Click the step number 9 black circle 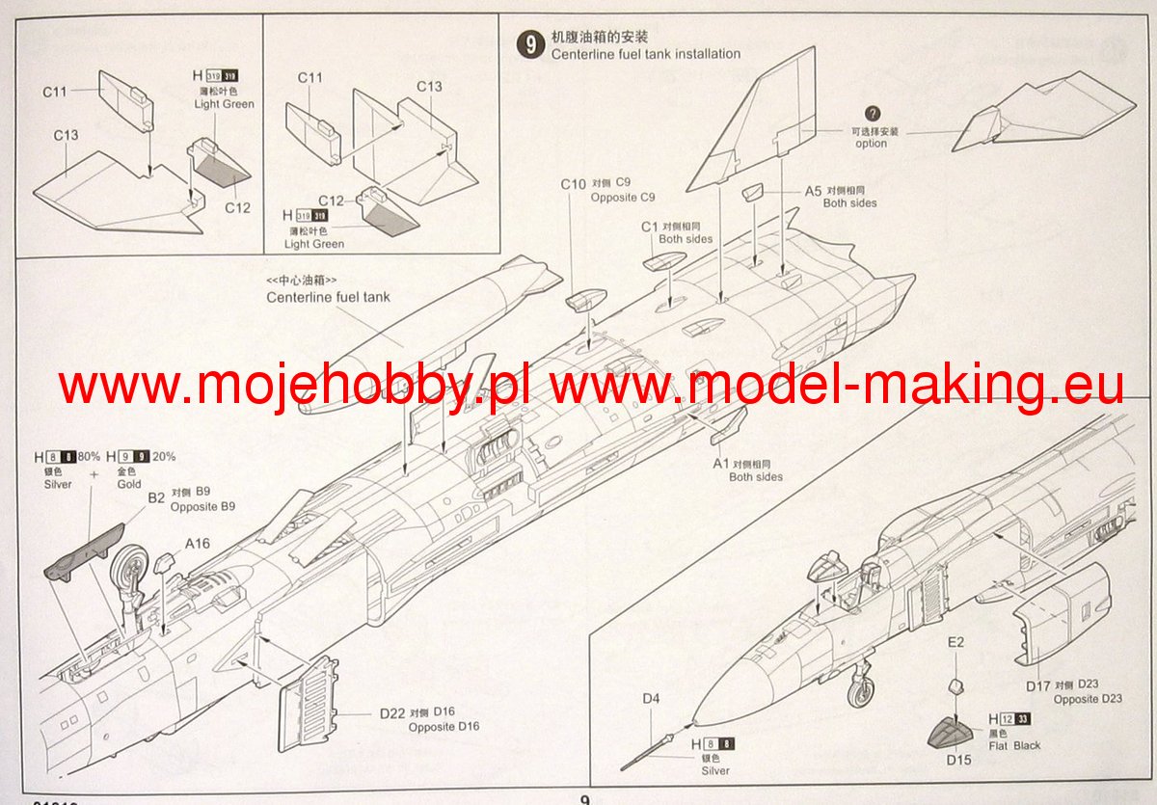[528, 45]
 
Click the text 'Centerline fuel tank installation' [645, 54]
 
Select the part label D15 [958, 761]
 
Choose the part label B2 [155, 498]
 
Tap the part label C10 [574, 183]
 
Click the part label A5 [813, 191]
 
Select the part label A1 [720, 464]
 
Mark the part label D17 [1036, 685]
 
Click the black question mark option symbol [874, 114]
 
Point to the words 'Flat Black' [1014, 745]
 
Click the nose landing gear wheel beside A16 [131, 570]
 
